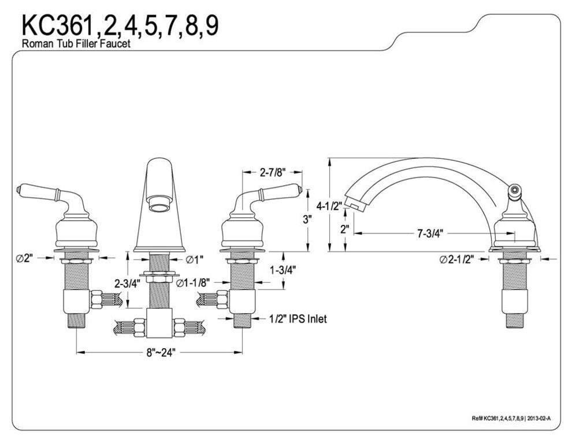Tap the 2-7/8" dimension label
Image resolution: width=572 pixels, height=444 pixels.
click(272, 172)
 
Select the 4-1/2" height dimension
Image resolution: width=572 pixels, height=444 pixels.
click(330, 205)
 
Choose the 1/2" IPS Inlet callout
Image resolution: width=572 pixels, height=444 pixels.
click(298, 319)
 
